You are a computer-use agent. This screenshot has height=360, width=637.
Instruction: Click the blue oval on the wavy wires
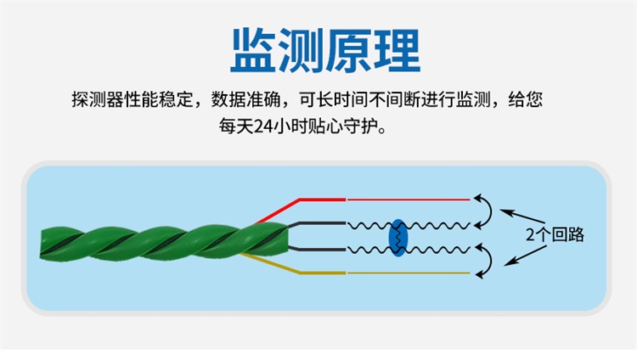[397, 237]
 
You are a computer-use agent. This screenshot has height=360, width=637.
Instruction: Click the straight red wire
[408, 200]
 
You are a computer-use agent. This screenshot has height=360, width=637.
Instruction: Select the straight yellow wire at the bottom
[408, 273]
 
